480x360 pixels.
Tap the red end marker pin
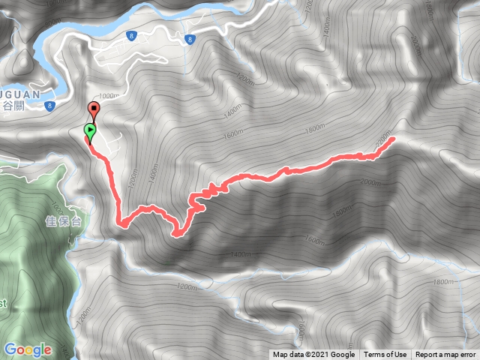coord(94,109)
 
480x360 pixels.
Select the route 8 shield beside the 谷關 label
coord(49,107)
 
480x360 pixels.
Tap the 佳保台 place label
coord(62,221)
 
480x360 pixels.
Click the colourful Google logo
coord(28,349)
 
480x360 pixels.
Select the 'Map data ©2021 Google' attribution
coord(313,355)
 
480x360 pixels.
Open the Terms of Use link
coord(385,355)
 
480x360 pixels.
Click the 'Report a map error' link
coord(445,355)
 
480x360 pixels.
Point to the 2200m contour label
coord(384,139)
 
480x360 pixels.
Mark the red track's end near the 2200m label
coord(392,139)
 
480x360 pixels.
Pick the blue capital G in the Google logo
coord(10,349)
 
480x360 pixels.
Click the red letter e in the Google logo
coord(47,350)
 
